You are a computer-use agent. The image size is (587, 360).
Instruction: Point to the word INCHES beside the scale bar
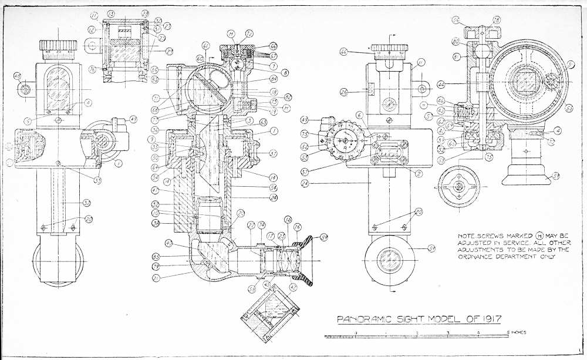(518, 332)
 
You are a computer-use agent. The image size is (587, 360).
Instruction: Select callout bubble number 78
(497, 20)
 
